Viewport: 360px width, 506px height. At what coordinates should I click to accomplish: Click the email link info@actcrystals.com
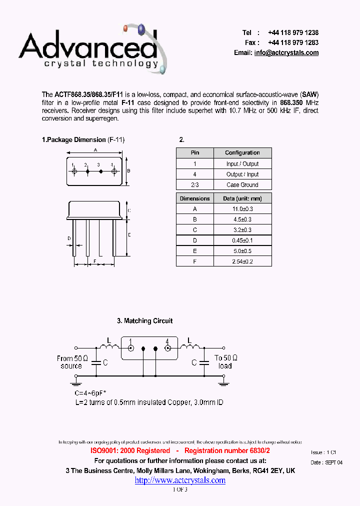[x=286, y=53]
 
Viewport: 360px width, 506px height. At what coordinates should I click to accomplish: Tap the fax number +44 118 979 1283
[x=293, y=42]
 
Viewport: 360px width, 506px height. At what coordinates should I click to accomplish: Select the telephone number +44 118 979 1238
[x=293, y=32]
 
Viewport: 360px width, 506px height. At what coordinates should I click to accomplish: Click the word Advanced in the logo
[x=87, y=46]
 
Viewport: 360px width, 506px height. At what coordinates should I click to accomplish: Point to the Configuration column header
[x=242, y=153]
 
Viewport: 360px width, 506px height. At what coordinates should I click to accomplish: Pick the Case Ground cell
[x=242, y=185]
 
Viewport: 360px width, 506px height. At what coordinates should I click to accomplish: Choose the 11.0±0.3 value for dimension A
[x=242, y=209]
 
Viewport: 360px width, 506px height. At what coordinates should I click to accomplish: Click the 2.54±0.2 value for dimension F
[x=242, y=261]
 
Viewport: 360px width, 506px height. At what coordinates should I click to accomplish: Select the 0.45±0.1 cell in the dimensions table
[x=242, y=240]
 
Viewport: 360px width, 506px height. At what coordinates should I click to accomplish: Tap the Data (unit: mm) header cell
[x=242, y=198]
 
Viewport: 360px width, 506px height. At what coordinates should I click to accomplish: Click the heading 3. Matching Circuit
[x=145, y=321]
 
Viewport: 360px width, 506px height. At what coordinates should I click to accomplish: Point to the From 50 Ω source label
[x=72, y=362]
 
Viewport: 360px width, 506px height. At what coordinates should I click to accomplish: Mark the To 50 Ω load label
[x=225, y=362]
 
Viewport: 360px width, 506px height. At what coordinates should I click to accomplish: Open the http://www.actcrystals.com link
[x=180, y=480]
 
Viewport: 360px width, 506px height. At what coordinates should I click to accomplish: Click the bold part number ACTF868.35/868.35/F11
[x=88, y=94]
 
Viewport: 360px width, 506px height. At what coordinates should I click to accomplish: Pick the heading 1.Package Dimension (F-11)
[x=83, y=140]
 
